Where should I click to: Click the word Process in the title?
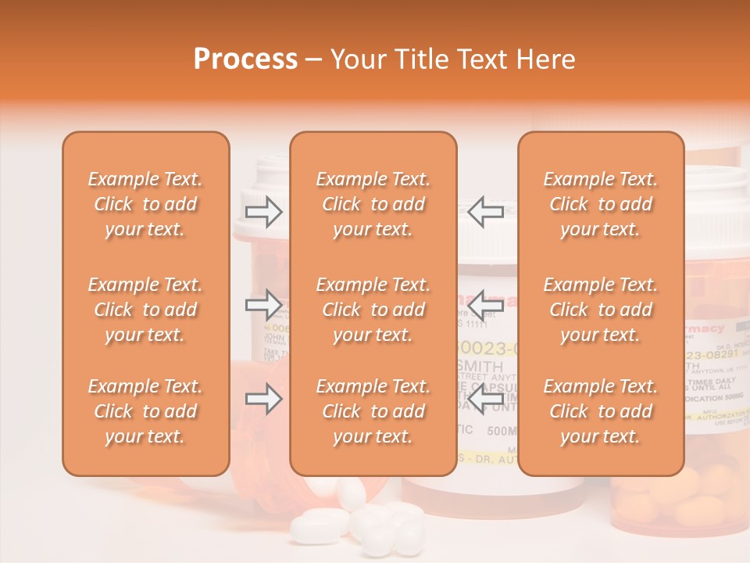pos(245,59)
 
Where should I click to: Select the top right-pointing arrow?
pos(264,211)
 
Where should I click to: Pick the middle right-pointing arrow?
pos(264,303)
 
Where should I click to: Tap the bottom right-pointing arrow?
pos(264,399)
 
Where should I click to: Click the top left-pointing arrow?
pos(485,211)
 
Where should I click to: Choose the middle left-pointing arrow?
pos(485,303)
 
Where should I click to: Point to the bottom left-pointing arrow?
pos(485,399)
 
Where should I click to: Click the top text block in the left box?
pos(145,204)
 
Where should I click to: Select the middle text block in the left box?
pos(145,310)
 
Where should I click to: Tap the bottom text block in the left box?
pos(145,411)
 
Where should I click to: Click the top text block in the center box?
pos(373,204)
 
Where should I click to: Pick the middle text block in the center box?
pos(373,310)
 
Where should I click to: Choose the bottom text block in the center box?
pos(373,411)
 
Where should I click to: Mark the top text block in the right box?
pos(601,204)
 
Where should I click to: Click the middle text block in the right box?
pos(601,310)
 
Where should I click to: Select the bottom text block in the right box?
pos(601,411)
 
